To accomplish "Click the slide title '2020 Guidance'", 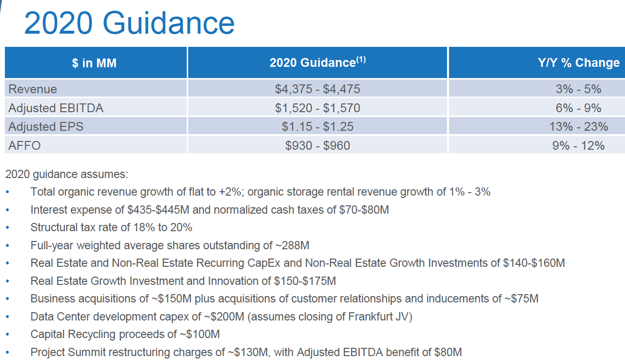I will (129, 23).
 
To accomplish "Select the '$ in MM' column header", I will (94, 63).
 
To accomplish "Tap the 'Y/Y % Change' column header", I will (579, 63).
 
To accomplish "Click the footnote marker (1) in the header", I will (361, 60).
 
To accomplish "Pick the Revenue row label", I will (33, 89).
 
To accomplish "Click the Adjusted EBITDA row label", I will (56, 108).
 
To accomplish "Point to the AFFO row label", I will (24, 145).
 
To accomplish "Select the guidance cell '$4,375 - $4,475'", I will (317, 89).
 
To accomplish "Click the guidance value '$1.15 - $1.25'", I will (317, 126).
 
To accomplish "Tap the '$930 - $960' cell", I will (317, 145).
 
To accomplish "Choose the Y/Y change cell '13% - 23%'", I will (579, 126).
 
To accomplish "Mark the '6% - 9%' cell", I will (579, 108).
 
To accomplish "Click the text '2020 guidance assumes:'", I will (67, 174).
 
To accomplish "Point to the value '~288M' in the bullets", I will (294, 245).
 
